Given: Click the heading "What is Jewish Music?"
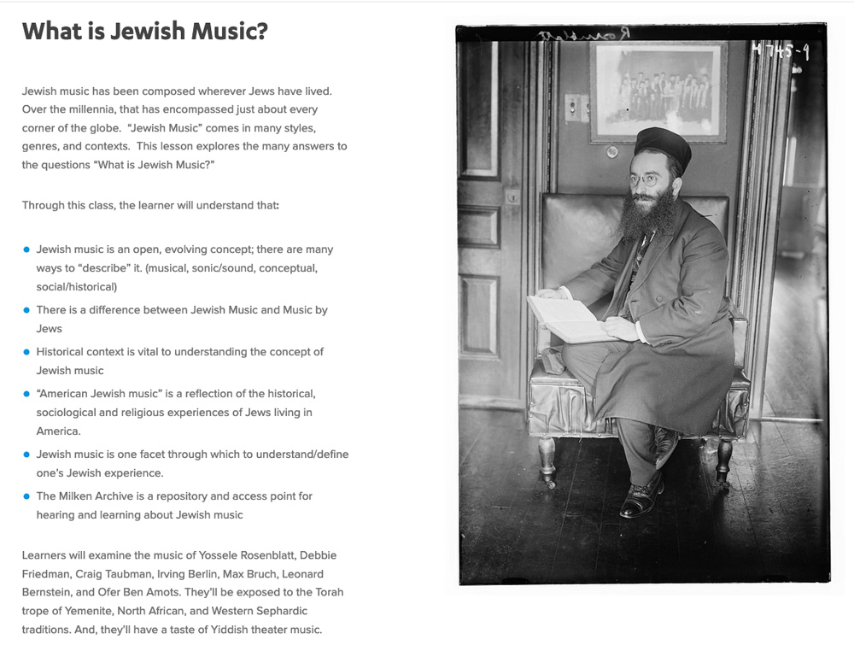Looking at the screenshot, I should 145,32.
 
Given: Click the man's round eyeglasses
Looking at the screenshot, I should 644,179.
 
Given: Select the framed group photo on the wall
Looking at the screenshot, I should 658,91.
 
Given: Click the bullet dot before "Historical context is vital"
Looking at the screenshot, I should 26,352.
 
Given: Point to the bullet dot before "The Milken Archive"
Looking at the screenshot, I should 26,496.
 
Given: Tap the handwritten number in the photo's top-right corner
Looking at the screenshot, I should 781,52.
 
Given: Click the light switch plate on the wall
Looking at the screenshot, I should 577,107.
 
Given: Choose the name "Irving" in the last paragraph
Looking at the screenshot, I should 172,574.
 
